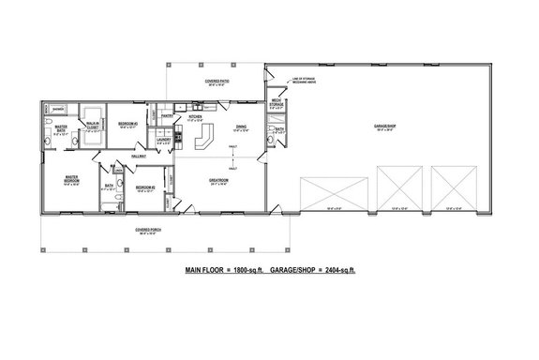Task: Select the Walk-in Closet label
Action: [93, 126]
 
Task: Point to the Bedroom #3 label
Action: [128, 124]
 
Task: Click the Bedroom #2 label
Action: [144, 187]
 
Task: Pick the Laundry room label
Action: [164, 141]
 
